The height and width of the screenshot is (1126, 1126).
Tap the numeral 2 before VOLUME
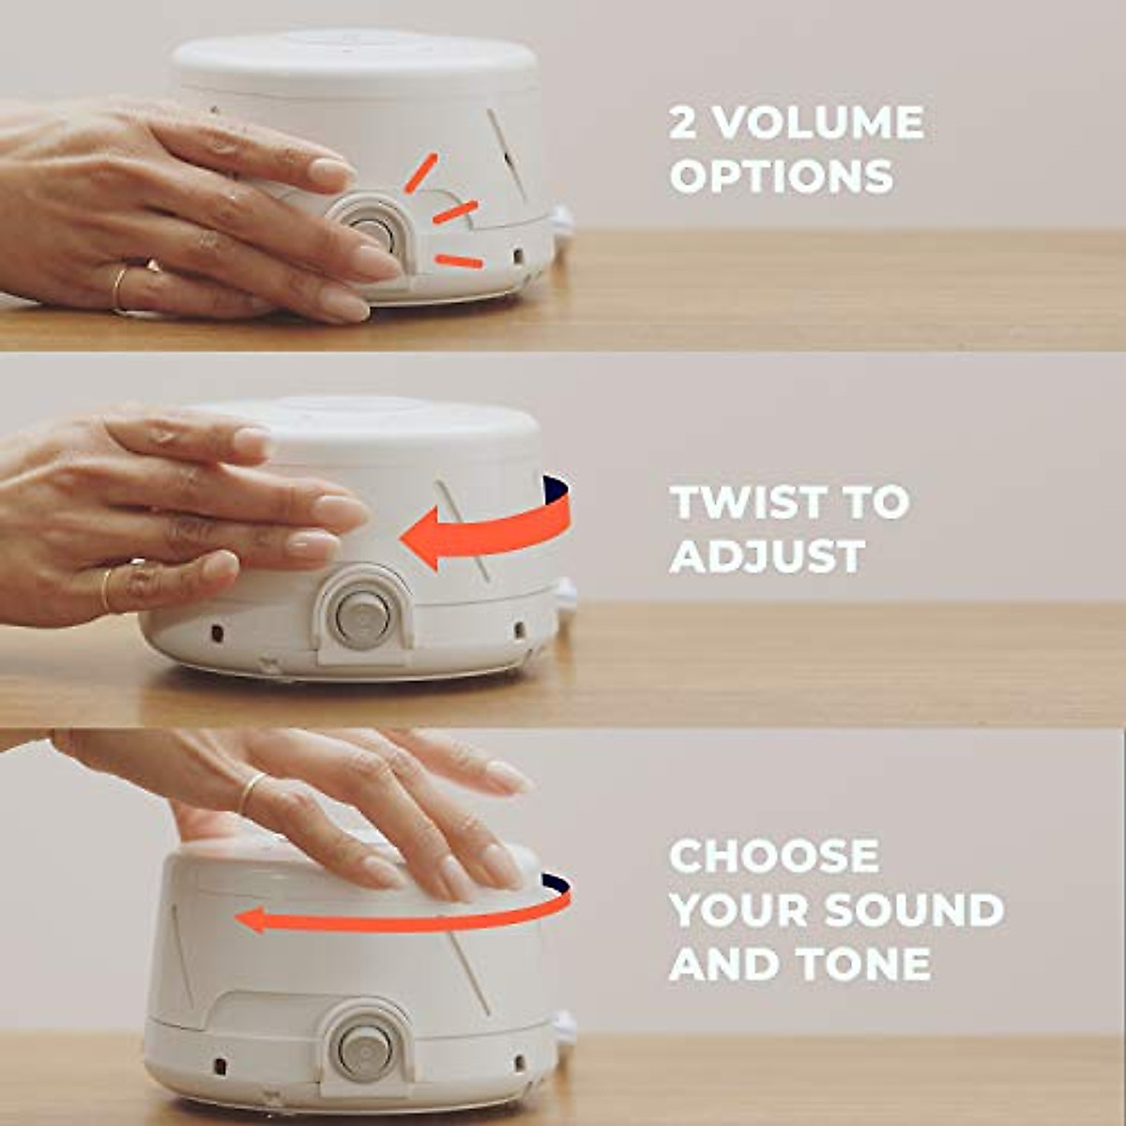(684, 123)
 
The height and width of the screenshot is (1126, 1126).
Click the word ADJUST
(767, 556)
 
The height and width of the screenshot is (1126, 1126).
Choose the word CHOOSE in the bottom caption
(774, 857)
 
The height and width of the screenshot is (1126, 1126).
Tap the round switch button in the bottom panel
(364, 1049)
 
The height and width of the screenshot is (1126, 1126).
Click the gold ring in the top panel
(119, 289)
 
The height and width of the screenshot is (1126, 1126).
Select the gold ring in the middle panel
(108, 586)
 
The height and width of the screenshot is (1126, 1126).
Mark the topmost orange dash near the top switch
(420, 174)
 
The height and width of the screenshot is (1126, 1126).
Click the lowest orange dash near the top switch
(459, 261)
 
